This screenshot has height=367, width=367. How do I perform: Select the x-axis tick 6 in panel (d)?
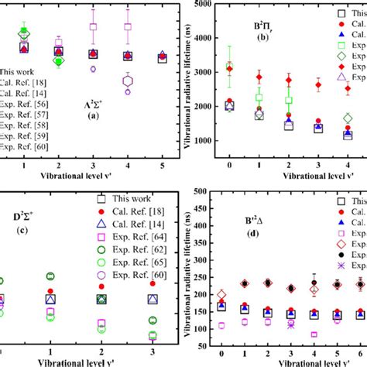[x=360, y=360]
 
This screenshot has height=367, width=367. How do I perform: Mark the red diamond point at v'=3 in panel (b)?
[x=317, y=85]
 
